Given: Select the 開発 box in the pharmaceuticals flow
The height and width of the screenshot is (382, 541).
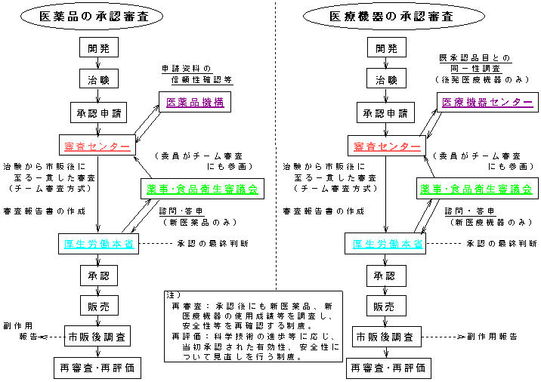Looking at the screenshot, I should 98,48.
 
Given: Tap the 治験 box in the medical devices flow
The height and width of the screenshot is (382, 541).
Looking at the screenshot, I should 387,80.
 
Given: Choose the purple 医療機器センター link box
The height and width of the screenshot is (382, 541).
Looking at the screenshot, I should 481,102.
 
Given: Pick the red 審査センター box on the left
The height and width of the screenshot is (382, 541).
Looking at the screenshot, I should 97,145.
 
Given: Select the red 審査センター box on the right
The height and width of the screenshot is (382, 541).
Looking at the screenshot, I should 386,145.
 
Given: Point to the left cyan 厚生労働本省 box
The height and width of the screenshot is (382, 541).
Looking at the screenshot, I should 99,243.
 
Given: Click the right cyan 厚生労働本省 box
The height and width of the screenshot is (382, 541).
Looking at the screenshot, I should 387,243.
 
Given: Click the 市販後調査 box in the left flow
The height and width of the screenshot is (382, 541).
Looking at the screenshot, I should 98,337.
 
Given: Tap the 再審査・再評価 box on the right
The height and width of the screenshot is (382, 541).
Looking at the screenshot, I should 387,369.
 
